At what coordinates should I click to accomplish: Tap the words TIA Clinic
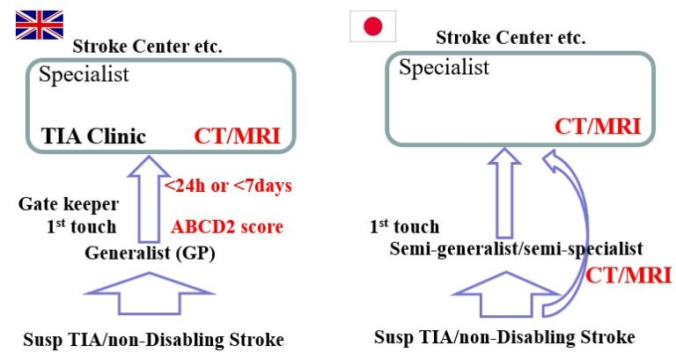(x=92, y=136)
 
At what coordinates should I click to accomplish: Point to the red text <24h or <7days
(x=228, y=187)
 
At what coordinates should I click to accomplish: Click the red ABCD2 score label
(x=227, y=227)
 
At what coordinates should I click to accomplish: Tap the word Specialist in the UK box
(x=84, y=74)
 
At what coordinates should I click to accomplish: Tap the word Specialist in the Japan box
(x=444, y=68)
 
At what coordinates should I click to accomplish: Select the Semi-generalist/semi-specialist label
(x=516, y=249)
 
